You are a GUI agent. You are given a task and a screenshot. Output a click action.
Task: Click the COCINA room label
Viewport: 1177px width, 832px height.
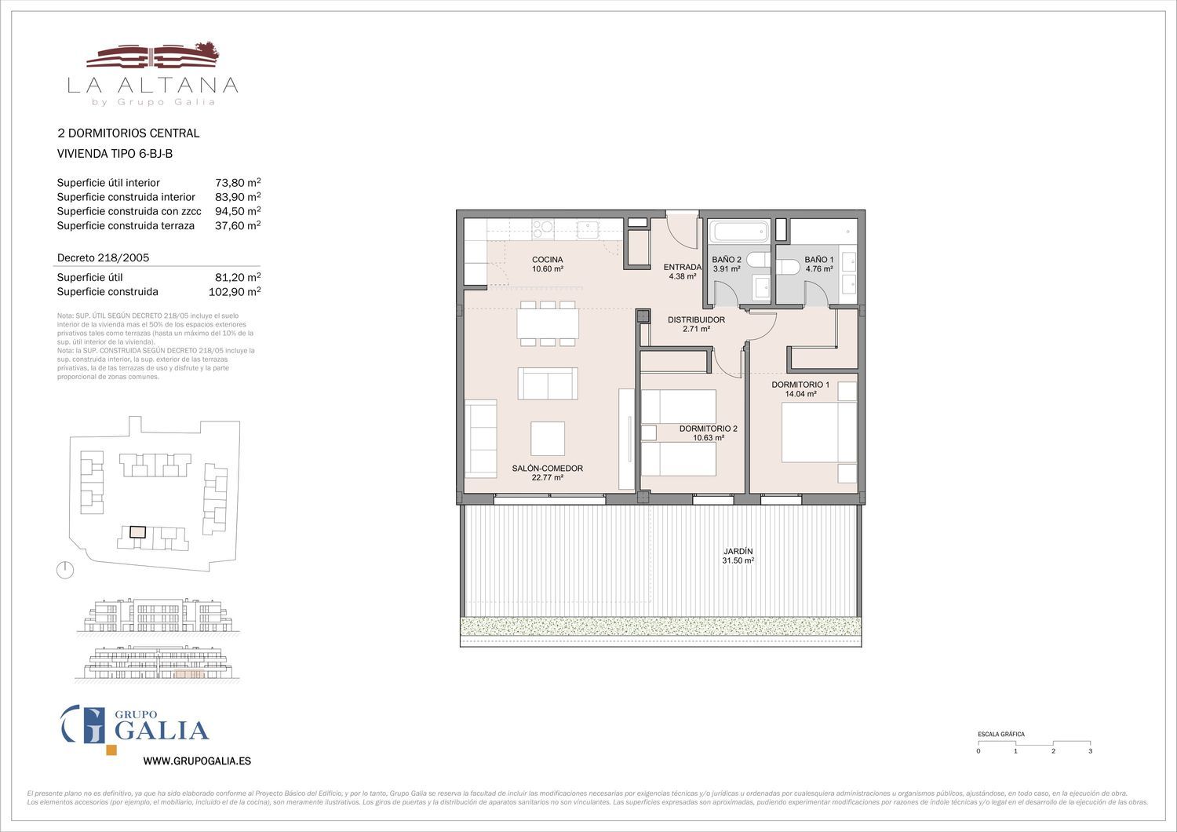click(547, 260)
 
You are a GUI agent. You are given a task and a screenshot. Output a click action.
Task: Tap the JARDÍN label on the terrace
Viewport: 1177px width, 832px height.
click(738, 551)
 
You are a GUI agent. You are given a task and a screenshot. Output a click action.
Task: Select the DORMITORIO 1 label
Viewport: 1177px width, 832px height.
click(800, 385)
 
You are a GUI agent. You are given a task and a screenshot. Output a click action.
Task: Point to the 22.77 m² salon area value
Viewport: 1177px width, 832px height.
click(548, 478)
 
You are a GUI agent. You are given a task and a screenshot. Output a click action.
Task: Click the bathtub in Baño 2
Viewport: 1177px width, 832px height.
click(740, 232)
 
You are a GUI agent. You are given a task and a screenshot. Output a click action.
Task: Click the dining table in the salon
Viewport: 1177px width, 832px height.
click(548, 323)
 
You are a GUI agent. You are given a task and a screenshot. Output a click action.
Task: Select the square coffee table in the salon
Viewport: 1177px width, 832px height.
click(548, 438)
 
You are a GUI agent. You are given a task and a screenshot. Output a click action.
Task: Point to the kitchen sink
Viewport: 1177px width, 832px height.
click(588, 229)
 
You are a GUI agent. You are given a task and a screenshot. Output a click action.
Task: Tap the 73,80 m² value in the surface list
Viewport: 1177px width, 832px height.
click(238, 182)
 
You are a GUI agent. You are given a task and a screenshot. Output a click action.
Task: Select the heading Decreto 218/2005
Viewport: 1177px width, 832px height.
click(103, 257)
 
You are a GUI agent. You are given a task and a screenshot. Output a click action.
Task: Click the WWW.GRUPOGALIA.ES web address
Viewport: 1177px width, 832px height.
click(197, 761)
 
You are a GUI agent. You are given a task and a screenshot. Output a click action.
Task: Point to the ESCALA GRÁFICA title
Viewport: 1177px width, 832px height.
click(1001, 734)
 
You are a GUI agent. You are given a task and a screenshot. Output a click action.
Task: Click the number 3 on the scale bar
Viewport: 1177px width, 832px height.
click(1091, 751)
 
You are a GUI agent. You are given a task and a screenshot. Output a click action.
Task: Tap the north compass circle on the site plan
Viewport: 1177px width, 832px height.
click(65, 571)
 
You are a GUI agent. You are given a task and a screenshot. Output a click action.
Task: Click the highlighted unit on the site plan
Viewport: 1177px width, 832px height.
click(137, 532)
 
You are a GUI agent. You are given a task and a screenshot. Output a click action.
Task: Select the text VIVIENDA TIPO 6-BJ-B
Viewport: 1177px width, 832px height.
click(115, 154)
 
